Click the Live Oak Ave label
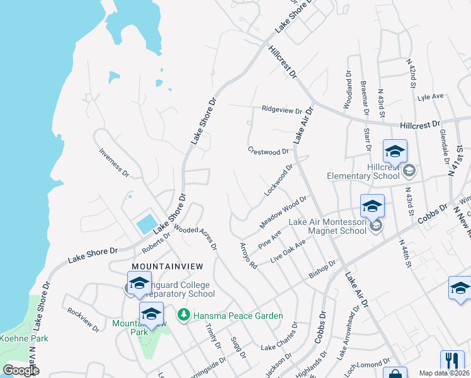(288, 251)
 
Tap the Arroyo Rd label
(248, 256)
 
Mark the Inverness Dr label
(114, 162)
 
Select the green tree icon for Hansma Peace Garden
(183, 314)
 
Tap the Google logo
(21, 370)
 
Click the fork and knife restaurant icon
(451, 362)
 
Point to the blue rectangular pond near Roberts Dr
(146, 223)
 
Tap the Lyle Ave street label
(431, 97)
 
